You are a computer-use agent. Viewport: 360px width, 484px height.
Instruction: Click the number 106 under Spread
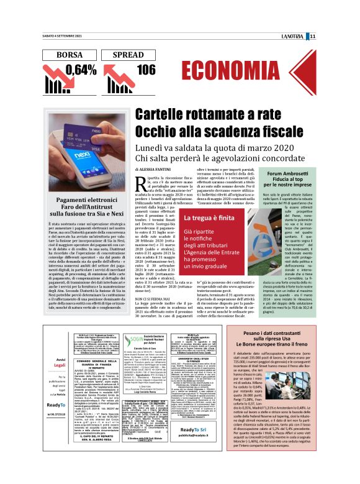(146, 70)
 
